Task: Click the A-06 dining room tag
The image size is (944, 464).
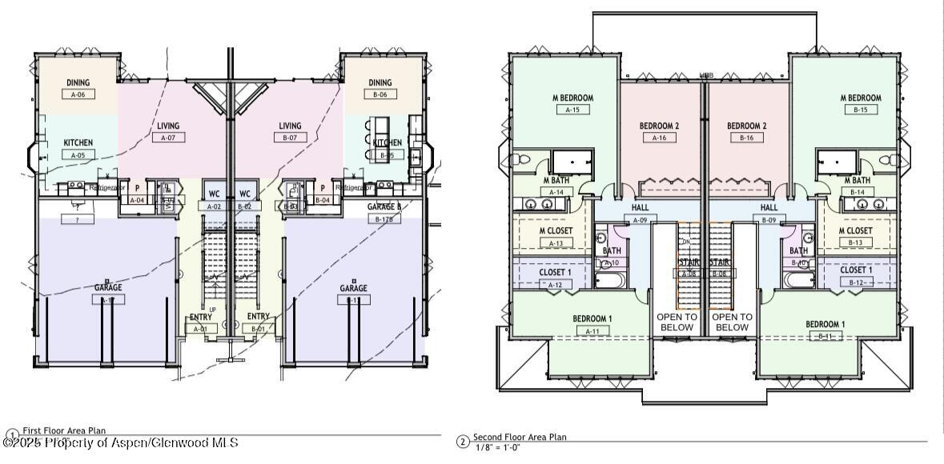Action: (78, 94)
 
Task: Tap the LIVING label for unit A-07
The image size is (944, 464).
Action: (168, 126)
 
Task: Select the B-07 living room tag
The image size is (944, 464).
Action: (290, 138)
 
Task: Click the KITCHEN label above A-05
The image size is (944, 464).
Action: (78, 143)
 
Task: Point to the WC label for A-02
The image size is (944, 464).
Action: (214, 194)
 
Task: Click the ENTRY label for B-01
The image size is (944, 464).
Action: (259, 317)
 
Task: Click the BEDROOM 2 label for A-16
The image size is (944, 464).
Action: (659, 126)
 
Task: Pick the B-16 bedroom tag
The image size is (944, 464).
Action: (746, 138)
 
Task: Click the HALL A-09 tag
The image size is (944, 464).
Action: (640, 220)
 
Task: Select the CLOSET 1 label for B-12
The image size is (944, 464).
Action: (856, 270)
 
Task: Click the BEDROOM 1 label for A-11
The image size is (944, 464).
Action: (593, 319)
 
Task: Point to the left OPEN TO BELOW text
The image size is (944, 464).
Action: (677, 322)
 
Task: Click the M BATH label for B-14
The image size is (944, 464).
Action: (856, 181)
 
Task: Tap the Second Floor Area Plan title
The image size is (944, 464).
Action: (520, 438)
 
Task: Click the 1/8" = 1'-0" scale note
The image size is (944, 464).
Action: (497, 447)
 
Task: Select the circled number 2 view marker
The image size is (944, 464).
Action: (462, 442)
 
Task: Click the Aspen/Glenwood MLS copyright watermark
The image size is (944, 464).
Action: (120, 442)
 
